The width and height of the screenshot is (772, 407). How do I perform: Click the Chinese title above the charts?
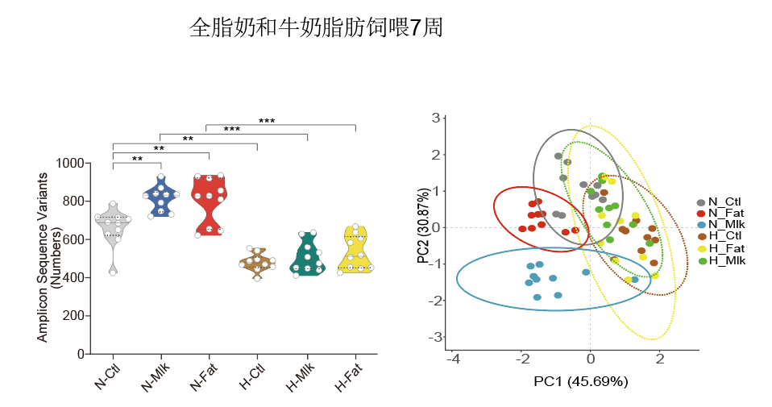pos(316,28)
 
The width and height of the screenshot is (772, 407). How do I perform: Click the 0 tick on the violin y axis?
pos(81,354)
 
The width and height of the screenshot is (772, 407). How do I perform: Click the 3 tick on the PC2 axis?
pos(435,118)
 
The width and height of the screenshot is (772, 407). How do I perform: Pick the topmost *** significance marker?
pos(267,121)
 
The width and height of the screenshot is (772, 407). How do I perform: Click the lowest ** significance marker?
pos(137,159)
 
